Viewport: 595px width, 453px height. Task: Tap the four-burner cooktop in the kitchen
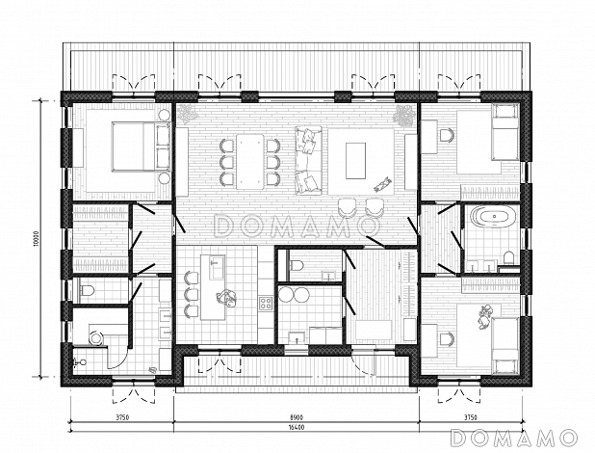[x=266, y=304]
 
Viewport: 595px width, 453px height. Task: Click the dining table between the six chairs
[x=250, y=162]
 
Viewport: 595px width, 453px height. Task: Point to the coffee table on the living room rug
[x=355, y=160]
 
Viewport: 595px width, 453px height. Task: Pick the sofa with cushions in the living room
[x=308, y=160]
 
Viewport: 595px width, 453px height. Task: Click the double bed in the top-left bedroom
[x=142, y=147]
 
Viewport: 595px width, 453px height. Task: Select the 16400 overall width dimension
[x=297, y=427]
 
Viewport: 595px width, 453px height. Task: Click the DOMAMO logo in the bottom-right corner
[x=514, y=438]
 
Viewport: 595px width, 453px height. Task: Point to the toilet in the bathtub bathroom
[x=508, y=258]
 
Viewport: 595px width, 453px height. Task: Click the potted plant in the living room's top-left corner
[x=187, y=114]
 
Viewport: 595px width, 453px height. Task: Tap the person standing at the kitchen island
[x=226, y=297]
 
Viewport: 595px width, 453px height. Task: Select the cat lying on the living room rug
[x=383, y=183]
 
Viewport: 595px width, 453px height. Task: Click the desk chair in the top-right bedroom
[x=448, y=136]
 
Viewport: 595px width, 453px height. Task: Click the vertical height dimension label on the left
[x=36, y=239]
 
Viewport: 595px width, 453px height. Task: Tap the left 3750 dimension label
[x=122, y=417]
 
